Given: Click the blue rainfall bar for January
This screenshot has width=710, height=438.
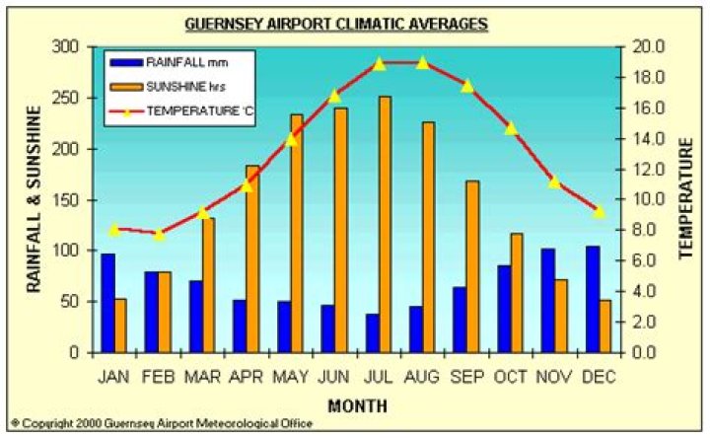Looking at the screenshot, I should [107, 303].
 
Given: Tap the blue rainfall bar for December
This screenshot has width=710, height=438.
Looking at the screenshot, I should [593, 299].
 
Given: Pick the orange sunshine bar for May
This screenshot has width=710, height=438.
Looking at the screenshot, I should [297, 233].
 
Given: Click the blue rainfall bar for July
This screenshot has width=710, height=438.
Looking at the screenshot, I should [372, 332].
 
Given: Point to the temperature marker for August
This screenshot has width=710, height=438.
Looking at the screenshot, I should [423, 63].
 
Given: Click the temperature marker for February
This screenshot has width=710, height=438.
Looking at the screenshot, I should [159, 234].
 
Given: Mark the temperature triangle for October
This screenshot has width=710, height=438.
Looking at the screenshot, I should [511, 128].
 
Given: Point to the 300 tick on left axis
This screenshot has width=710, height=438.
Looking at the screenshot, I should [65, 47].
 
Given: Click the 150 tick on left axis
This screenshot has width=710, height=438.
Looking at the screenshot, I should [65, 200].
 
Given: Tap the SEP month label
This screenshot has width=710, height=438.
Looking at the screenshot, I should [467, 377].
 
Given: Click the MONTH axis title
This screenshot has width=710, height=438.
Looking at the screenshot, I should [357, 404].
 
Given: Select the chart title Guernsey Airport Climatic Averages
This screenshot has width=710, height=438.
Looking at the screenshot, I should [350, 22].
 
